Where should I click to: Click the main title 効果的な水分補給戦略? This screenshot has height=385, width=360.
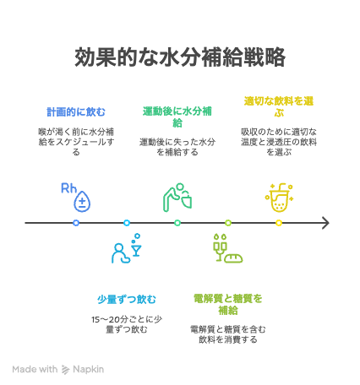(x=180, y=57)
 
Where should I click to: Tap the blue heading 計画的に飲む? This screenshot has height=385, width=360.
(x=76, y=111)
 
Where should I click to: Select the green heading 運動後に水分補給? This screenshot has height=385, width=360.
(x=177, y=117)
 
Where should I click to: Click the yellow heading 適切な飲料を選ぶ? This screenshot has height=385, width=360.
(x=279, y=106)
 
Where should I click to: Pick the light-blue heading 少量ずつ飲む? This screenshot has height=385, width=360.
(x=127, y=299)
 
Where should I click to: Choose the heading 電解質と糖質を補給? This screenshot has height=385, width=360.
(x=228, y=304)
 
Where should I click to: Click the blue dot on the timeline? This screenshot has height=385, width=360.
(x=76, y=223)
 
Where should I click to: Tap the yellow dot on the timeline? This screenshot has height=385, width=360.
(x=279, y=223)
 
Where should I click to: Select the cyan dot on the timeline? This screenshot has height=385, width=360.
(x=127, y=223)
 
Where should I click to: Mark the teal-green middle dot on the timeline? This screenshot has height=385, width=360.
(x=177, y=223)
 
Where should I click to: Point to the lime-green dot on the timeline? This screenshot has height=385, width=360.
(x=228, y=223)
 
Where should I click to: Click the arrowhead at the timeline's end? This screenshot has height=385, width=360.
(x=328, y=223)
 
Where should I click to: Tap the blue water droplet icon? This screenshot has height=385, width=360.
(x=82, y=201)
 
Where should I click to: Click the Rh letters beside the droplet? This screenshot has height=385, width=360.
(x=68, y=188)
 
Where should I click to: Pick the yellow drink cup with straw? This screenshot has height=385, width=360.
(x=279, y=198)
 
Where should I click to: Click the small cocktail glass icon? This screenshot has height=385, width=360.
(x=137, y=249)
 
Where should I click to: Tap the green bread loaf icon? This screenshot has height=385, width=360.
(x=233, y=258)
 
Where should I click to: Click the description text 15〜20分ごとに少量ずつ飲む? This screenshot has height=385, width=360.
(x=127, y=324)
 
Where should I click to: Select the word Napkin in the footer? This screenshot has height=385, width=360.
(x=88, y=369)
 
